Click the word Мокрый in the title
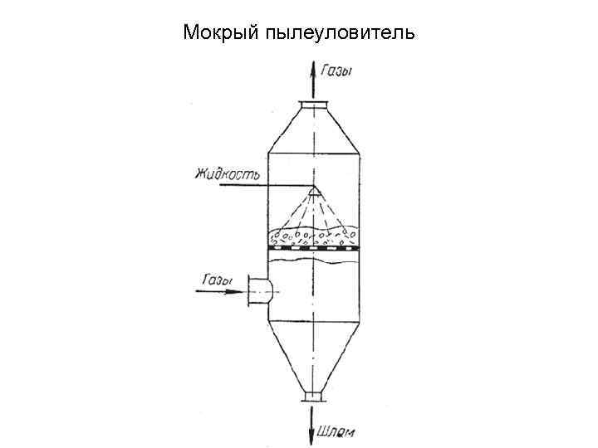coord(221,34)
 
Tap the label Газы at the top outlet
coord(336,71)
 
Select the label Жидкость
coord(228,174)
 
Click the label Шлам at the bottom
coord(337,431)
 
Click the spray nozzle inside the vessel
coord(313,192)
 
